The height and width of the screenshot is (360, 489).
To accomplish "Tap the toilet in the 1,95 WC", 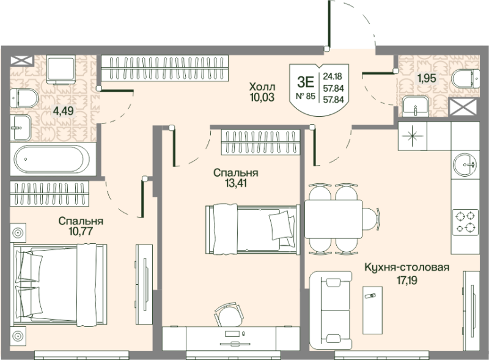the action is click(466, 79).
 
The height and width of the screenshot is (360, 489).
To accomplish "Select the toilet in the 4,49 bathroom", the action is click(24, 98).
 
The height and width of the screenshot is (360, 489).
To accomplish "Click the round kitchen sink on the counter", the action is click(465, 164).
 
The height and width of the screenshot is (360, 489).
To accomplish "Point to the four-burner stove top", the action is click(465, 222).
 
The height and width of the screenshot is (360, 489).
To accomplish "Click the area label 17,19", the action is click(407, 281).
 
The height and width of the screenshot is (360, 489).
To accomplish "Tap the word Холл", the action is click(262, 86).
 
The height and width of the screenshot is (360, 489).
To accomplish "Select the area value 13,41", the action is click(236, 183).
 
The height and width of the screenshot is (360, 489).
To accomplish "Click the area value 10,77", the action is click(81, 231).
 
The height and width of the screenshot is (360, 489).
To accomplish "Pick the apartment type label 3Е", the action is click(305, 83).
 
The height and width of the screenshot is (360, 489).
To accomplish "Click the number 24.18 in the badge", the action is click(333, 76).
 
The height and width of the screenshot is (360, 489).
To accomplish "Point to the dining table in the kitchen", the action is click(333, 219).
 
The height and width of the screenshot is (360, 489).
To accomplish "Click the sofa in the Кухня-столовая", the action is click(330, 310).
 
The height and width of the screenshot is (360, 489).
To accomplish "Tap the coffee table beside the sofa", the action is click(372, 310).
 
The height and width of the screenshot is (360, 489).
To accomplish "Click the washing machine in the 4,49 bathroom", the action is click(61, 69).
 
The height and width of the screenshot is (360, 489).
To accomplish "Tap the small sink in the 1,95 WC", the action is click(416, 106).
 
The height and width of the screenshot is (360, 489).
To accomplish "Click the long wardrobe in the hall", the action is click(164, 68).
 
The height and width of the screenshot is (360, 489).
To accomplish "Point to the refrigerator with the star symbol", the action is click(412, 136).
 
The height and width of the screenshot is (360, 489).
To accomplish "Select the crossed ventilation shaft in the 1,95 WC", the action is click(463, 107).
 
